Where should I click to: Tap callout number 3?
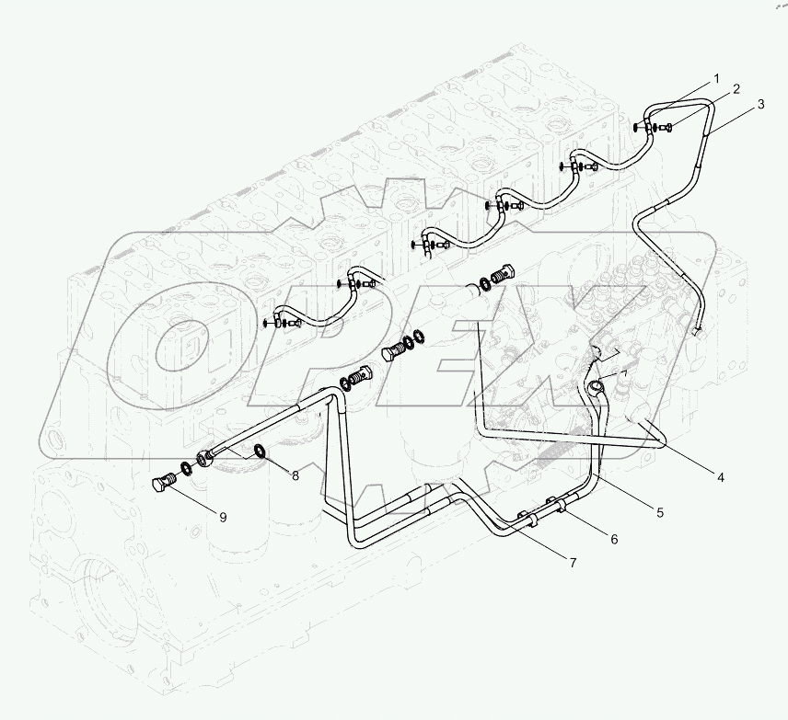tap(759, 105)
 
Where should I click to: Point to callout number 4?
tap(721, 476)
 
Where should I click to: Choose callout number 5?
tap(659, 512)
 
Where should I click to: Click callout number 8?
tap(295, 475)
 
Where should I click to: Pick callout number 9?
tap(222, 516)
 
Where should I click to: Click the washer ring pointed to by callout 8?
tap(261, 451)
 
